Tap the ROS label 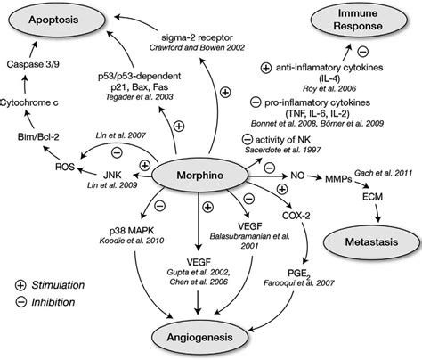click(65, 166)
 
